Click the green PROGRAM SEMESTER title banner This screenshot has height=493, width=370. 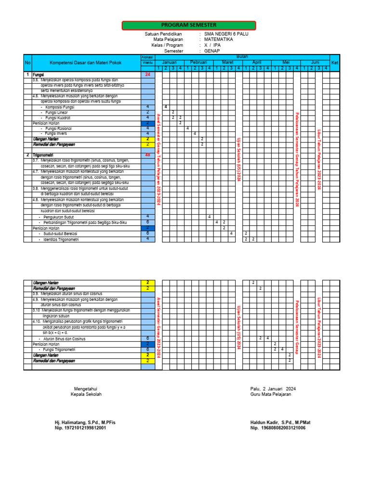click(188, 25)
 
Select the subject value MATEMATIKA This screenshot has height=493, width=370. click(218, 40)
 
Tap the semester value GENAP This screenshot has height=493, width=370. click(212, 51)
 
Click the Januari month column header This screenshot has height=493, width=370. click(169, 63)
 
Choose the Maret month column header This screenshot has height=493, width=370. click(227, 63)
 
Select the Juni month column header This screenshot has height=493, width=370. click(315, 63)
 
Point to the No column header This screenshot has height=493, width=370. click(27, 63)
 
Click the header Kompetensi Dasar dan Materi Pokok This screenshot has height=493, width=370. click(86, 63)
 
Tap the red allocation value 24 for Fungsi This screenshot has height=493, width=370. click(148, 75)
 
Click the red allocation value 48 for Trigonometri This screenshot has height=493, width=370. click(148, 155)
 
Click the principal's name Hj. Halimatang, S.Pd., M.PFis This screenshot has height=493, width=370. click(85, 422)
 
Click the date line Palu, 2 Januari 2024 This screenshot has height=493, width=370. click(273, 389)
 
